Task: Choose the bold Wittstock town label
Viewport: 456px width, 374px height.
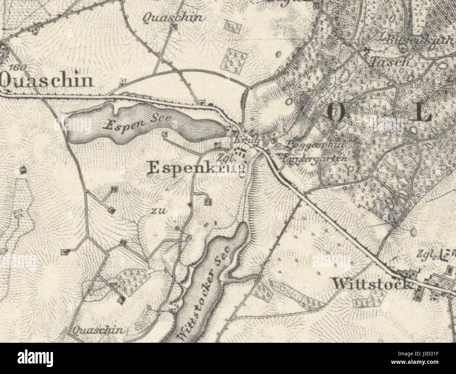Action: pos(372,283)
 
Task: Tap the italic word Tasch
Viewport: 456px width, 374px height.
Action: pos(390,62)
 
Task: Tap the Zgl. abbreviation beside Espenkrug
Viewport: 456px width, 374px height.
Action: pos(226,157)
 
